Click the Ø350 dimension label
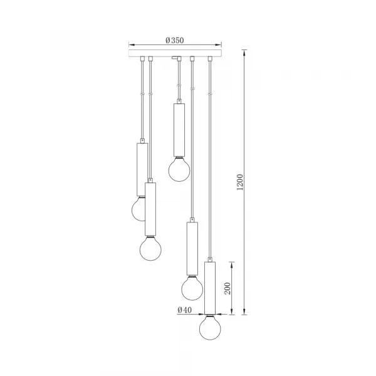(175, 40)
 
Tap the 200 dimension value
(229, 288)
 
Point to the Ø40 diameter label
(184, 310)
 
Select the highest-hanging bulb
(179, 168)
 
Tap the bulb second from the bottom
(192, 288)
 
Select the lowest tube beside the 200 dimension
(211, 287)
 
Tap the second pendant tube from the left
(150, 208)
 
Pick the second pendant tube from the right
(192, 248)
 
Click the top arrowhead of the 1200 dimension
(244, 52)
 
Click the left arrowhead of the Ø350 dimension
(130, 44)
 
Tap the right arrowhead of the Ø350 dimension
(221, 44)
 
